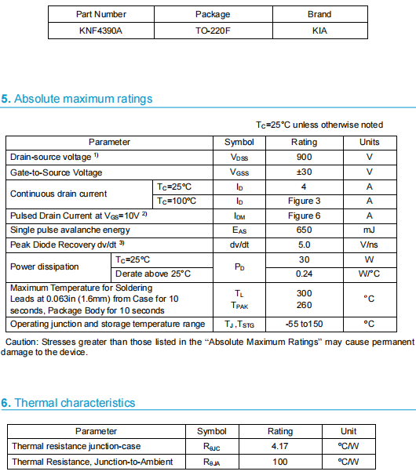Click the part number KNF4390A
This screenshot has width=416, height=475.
100,31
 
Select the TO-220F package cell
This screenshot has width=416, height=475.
212,31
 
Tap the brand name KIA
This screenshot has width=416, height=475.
319,31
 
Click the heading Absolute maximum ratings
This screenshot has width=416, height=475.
83,99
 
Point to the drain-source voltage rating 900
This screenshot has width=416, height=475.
304,157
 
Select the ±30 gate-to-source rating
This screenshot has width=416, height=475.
304,172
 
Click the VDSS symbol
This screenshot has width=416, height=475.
239,158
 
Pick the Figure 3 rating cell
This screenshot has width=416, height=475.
304,201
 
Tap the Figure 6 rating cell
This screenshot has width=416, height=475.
304,216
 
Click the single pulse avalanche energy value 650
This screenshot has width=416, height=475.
304,230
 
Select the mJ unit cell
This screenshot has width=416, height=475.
369,230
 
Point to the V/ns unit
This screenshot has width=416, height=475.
369,245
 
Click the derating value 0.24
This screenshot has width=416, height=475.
304,274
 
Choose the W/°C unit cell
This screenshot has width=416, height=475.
369,274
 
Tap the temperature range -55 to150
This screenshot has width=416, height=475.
304,324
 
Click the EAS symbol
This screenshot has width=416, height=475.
239,230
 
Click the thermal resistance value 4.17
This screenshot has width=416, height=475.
280,446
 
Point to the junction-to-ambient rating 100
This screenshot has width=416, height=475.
280,462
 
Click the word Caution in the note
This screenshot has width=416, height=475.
22,342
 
